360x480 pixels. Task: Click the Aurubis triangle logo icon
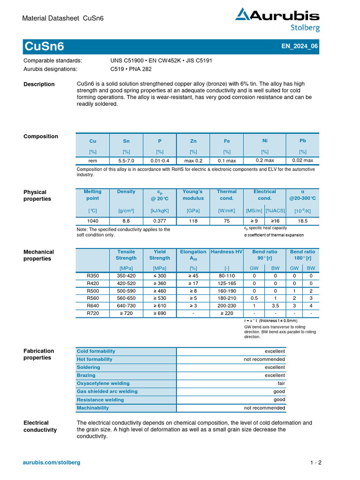point(243,15)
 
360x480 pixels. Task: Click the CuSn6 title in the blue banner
point(44,47)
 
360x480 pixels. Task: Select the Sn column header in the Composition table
point(126,141)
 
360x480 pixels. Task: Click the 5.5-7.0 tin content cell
point(126,160)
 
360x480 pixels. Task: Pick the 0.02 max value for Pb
point(302,160)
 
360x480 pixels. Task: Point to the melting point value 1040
point(92,220)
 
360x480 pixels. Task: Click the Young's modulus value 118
point(193,220)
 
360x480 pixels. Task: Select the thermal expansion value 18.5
point(302,220)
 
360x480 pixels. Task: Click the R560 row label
point(93,298)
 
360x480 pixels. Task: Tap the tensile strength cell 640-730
point(126,305)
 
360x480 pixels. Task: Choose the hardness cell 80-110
point(227,276)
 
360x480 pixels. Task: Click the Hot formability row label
point(95,360)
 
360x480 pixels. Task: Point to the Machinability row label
point(93,408)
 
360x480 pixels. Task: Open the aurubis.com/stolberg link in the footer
point(52,462)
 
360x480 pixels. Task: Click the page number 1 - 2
point(315,463)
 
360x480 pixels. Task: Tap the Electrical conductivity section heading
point(40,426)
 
